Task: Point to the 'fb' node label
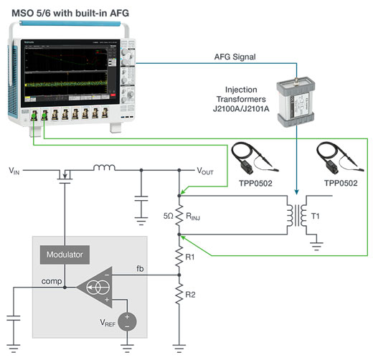[x=141, y=268]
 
